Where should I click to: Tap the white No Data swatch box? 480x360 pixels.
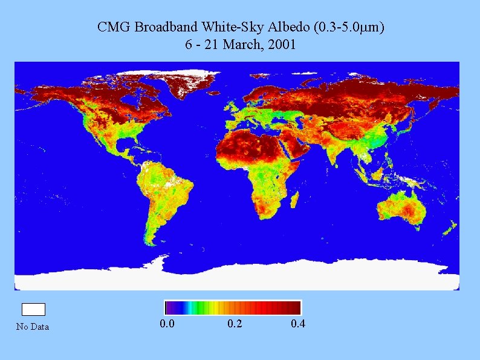coord(33,309)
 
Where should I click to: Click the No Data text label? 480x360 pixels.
coord(33,327)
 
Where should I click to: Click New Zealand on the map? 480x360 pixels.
coord(449,227)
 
